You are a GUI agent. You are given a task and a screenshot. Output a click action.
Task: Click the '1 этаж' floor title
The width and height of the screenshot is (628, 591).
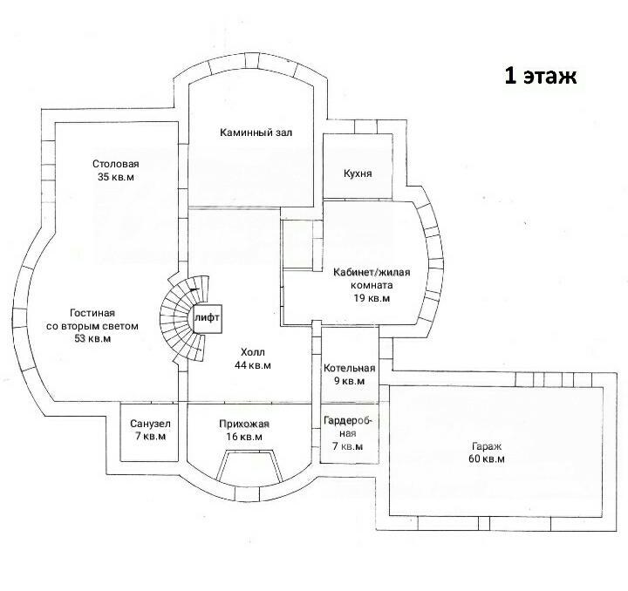coord(540,76)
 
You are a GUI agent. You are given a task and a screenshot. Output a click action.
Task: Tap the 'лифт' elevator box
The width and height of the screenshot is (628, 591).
coord(207,318)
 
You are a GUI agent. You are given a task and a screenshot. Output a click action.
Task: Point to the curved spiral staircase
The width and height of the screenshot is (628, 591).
coord(182,319)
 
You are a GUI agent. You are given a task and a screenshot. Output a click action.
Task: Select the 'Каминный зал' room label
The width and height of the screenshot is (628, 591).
coord(256,132)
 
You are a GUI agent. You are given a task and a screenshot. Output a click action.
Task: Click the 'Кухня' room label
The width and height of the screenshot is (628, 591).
coord(358,173)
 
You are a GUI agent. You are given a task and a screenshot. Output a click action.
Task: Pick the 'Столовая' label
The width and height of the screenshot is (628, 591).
coord(116,164)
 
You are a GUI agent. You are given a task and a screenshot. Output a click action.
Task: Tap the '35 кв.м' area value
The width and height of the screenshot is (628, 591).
coord(116,177)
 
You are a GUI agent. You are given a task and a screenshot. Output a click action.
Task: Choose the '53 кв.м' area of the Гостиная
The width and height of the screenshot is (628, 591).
coord(92,338)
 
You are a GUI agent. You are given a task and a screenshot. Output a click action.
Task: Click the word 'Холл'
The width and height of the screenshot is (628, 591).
coord(253,352)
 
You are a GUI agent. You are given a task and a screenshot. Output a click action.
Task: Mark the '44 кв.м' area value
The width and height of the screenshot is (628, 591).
coord(252,365)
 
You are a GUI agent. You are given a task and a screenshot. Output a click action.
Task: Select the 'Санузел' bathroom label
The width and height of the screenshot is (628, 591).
coord(150,424)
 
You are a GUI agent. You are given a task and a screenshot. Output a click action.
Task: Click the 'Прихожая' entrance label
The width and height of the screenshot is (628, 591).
coord(244,424)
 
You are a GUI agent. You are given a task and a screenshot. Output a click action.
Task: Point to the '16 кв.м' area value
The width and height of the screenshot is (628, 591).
coord(244,437)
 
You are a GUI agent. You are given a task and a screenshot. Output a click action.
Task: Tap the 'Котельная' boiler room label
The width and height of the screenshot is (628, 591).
coord(349,368)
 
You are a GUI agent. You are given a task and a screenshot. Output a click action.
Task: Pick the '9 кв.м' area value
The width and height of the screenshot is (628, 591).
coord(349,381)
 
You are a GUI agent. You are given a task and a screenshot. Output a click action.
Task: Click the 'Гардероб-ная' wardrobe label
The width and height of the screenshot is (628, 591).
coord(348,427)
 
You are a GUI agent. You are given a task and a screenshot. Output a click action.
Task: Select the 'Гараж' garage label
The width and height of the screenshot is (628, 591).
coord(487,446)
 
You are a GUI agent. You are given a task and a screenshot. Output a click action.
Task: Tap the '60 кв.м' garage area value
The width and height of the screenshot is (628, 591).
coord(487,459)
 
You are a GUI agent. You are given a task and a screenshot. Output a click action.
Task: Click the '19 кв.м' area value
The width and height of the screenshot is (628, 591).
coord(372,298)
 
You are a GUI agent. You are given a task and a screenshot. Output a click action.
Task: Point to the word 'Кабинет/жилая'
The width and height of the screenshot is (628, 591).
coord(372,273)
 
